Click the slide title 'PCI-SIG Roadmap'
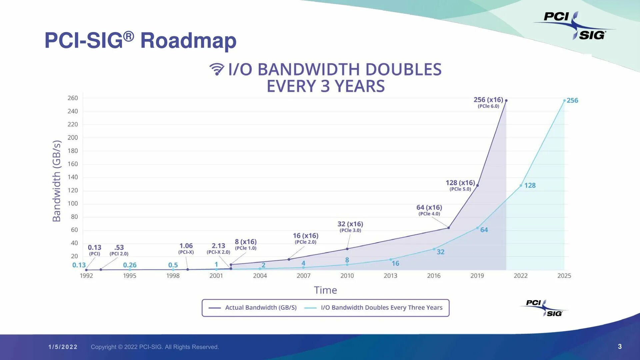pos(140,41)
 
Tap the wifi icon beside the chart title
pos(217,69)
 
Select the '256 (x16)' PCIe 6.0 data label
pos(488,100)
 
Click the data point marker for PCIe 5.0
pos(478,185)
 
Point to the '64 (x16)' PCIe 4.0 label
pos(429,208)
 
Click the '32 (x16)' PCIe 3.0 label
pos(350,224)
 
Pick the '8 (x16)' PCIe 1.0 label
pos(246,242)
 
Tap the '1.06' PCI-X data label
pos(186,246)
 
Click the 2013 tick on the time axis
pos(390,276)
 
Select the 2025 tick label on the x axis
pos(564,276)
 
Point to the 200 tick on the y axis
pos(73,138)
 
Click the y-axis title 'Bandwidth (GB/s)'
pos(57,181)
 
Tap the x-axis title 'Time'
pos(325,290)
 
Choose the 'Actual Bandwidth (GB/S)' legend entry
pos(261,308)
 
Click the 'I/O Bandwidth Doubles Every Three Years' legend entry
pos(381,308)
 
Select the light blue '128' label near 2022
pos(530,185)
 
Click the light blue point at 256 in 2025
pos(564,100)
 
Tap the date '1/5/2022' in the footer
pos(63,347)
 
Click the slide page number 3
pos(620,347)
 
